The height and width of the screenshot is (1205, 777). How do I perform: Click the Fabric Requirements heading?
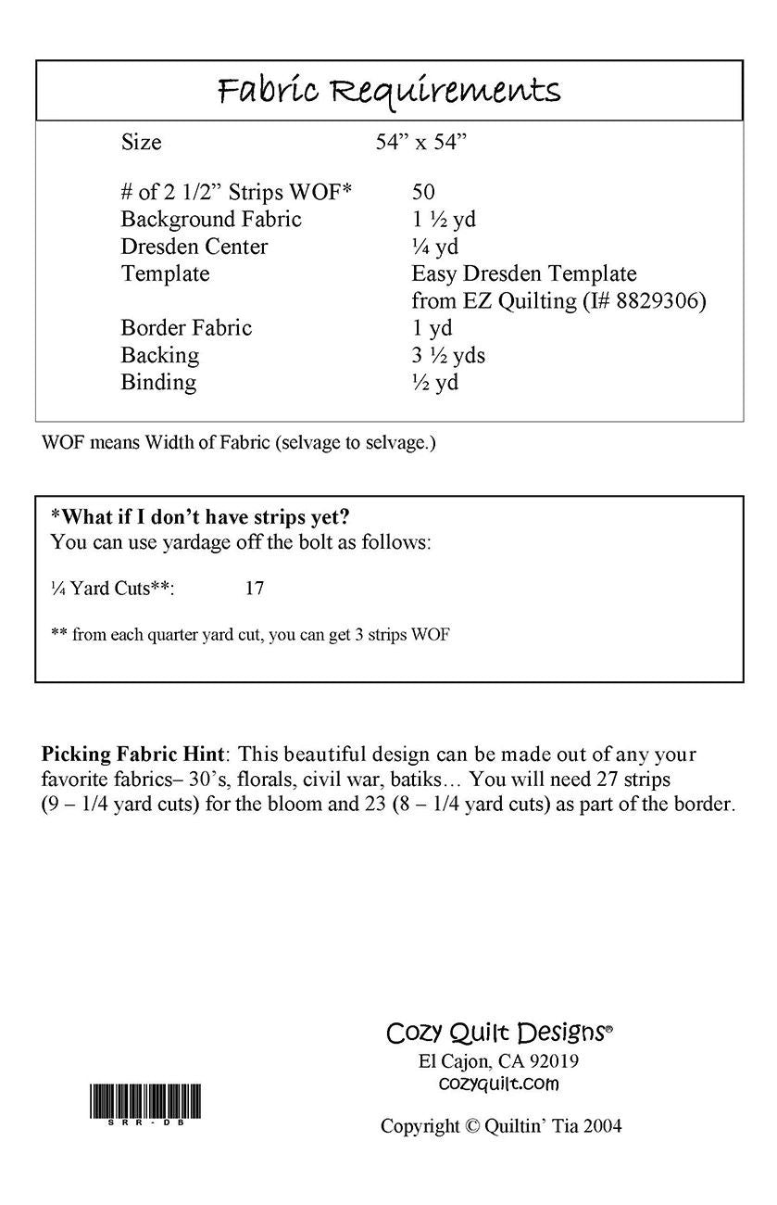click(x=389, y=91)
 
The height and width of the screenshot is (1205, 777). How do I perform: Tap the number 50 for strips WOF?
click(x=424, y=193)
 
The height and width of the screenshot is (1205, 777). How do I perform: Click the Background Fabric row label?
click(x=211, y=220)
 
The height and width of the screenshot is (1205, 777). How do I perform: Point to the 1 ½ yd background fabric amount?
click(x=444, y=220)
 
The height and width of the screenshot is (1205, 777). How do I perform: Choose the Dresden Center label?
click(x=194, y=247)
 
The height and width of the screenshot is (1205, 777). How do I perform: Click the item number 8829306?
click(x=657, y=300)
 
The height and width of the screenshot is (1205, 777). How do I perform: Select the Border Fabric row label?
click(x=186, y=328)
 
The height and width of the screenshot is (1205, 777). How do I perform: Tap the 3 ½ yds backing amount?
click(x=448, y=355)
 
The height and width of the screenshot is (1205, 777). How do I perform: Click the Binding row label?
click(x=158, y=382)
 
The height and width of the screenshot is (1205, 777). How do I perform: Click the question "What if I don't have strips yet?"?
click(x=200, y=517)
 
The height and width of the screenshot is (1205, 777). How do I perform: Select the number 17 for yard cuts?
click(x=256, y=588)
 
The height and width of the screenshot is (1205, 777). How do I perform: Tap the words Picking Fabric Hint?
click(x=132, y=755)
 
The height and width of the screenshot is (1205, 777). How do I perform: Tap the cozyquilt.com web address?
click(x=498, y=1083)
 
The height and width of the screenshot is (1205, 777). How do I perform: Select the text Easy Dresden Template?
click(x=524, y=273)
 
